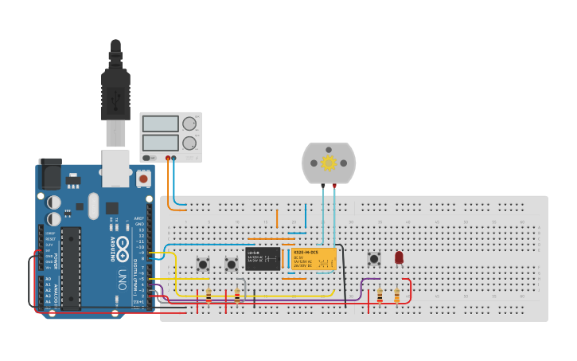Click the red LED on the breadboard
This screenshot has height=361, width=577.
[399, 257]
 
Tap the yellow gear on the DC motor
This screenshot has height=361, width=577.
[328, 163]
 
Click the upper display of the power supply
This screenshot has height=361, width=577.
[159, 124]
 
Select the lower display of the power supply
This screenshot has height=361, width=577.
[159, 143]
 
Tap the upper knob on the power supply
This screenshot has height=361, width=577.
[189, 124]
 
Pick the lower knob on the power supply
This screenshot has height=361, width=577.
[189, 143]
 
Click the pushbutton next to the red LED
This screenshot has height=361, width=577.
[373, 258]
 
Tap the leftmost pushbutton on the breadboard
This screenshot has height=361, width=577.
[203, 264]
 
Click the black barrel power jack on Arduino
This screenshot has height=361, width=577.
[50, 173]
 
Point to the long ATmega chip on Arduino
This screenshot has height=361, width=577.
[71, 268]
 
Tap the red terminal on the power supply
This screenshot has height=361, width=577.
[167, 158]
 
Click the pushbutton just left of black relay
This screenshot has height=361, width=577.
[232, 264]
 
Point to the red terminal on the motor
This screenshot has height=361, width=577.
[334, 186]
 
